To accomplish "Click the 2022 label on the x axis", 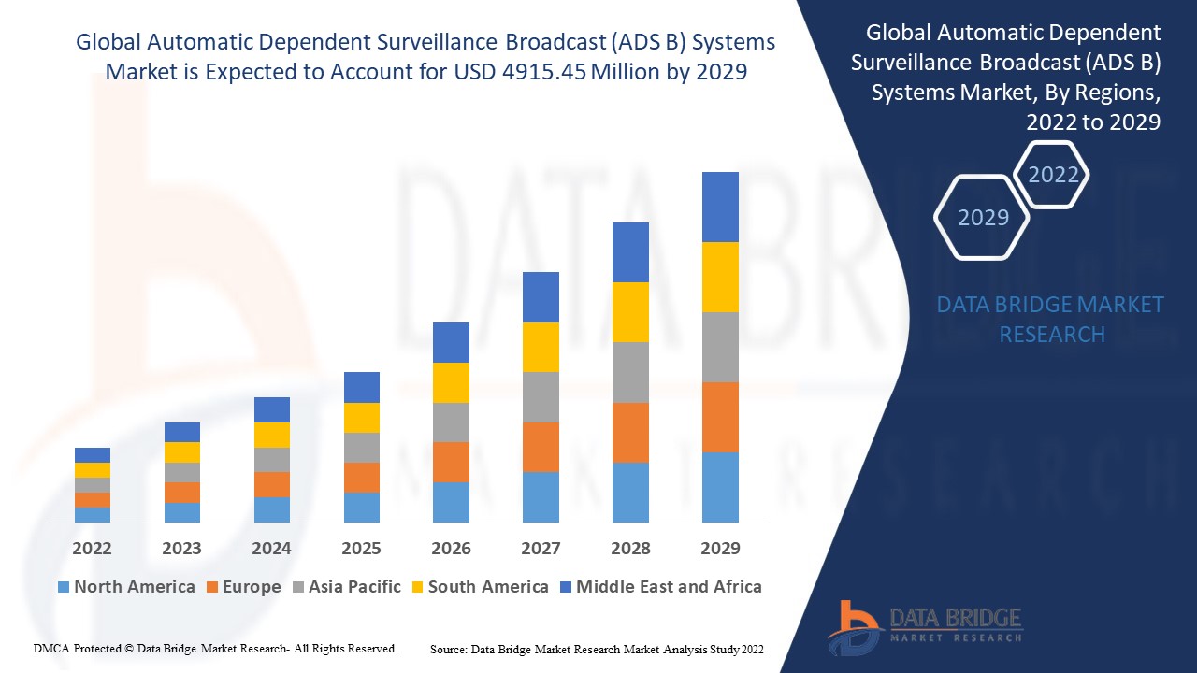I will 92,549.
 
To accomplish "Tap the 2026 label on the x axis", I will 451,549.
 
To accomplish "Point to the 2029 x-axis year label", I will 720,549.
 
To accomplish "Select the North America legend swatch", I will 64,587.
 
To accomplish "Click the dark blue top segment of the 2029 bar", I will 720,207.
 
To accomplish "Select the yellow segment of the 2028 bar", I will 630,312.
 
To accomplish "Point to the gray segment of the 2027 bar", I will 541,397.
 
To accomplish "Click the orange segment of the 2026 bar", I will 451,462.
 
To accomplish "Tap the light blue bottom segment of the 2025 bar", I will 361,507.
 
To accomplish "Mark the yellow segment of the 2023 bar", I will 181,452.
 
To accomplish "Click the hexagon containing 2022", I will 1053,175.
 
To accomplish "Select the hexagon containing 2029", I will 983,217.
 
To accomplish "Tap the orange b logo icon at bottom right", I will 852,626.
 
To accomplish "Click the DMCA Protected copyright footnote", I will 215,648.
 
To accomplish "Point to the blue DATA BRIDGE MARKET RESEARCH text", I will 1050,319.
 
